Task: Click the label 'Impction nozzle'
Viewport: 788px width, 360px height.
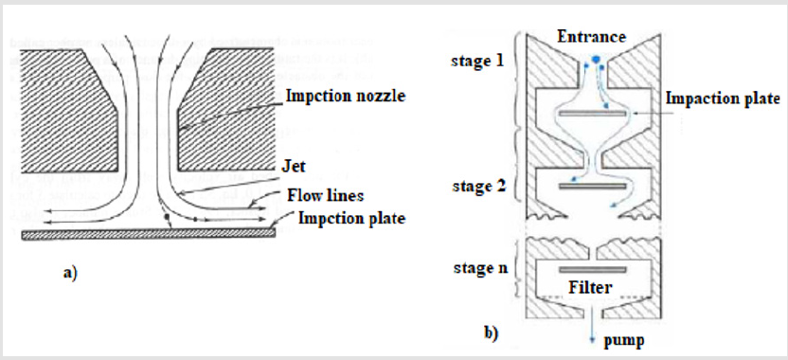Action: [346, 96]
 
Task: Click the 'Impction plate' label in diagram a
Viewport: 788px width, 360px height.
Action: [351, 218]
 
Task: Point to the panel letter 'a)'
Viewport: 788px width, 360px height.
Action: [70, 273]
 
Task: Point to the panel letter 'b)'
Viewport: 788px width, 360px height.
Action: [491, 334]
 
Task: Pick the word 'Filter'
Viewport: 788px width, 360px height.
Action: [590, 287]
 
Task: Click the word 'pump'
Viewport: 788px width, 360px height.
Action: [623, 341]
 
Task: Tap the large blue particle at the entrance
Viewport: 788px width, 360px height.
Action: [596, 60]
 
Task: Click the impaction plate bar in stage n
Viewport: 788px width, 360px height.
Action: [593, 270]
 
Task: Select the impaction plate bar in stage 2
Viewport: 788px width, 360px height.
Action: [593, 187]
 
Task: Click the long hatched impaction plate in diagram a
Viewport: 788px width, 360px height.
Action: [149, 234]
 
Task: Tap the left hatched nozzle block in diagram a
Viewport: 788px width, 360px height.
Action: [68, 111]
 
